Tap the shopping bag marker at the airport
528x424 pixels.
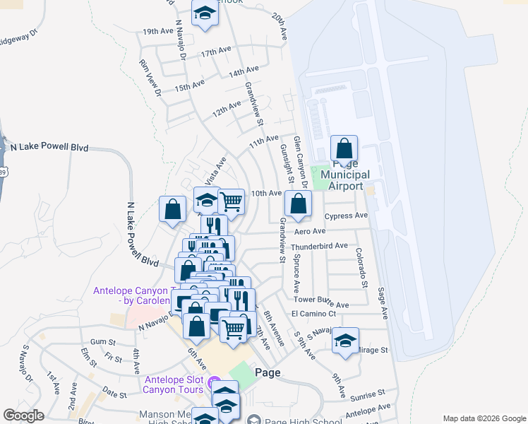(x=344, y=149)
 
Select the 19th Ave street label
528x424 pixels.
(x=157, y=32)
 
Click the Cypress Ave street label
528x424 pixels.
(x=346, y=216)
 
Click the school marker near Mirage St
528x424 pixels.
(x=345, y=340)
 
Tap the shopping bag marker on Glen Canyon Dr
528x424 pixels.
(x=298, y=204)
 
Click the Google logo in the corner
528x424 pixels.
(x=23, y=416)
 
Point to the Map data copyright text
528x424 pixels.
(x=484, y=418)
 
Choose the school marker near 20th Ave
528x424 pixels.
(x=205, y=14)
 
